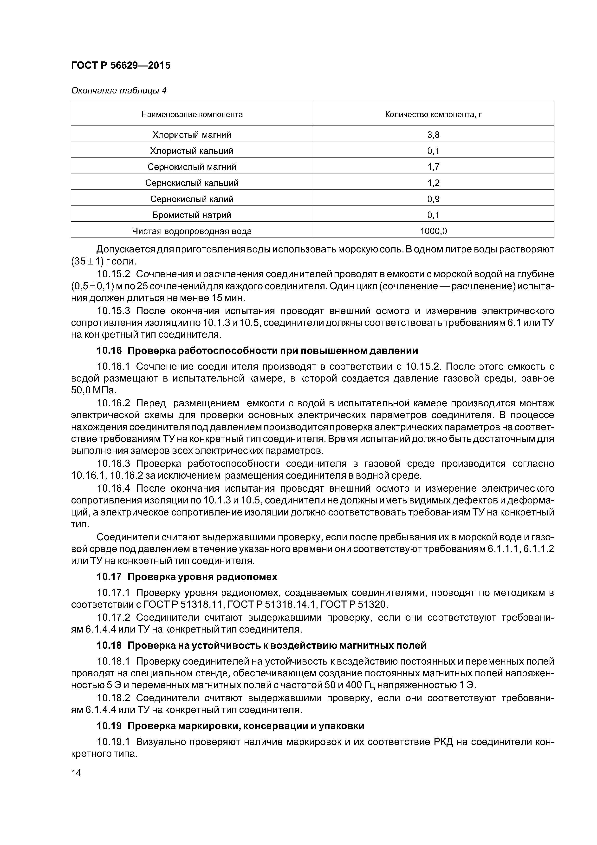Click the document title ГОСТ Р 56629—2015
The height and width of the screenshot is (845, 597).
pyautogui.click(x=121, y=66)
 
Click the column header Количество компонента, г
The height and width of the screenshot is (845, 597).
pyautogui.click(x=433, y=114)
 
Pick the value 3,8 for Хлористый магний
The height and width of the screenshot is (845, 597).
pyautogui.click(x=433, y=135)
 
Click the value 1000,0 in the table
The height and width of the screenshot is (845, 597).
pyautogui.click(x=433, y=231)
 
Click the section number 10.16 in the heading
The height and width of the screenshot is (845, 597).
pyautogui.click(x=109, y=351)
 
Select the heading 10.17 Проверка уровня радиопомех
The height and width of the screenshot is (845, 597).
pyautogui.click(x=187, y=577)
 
